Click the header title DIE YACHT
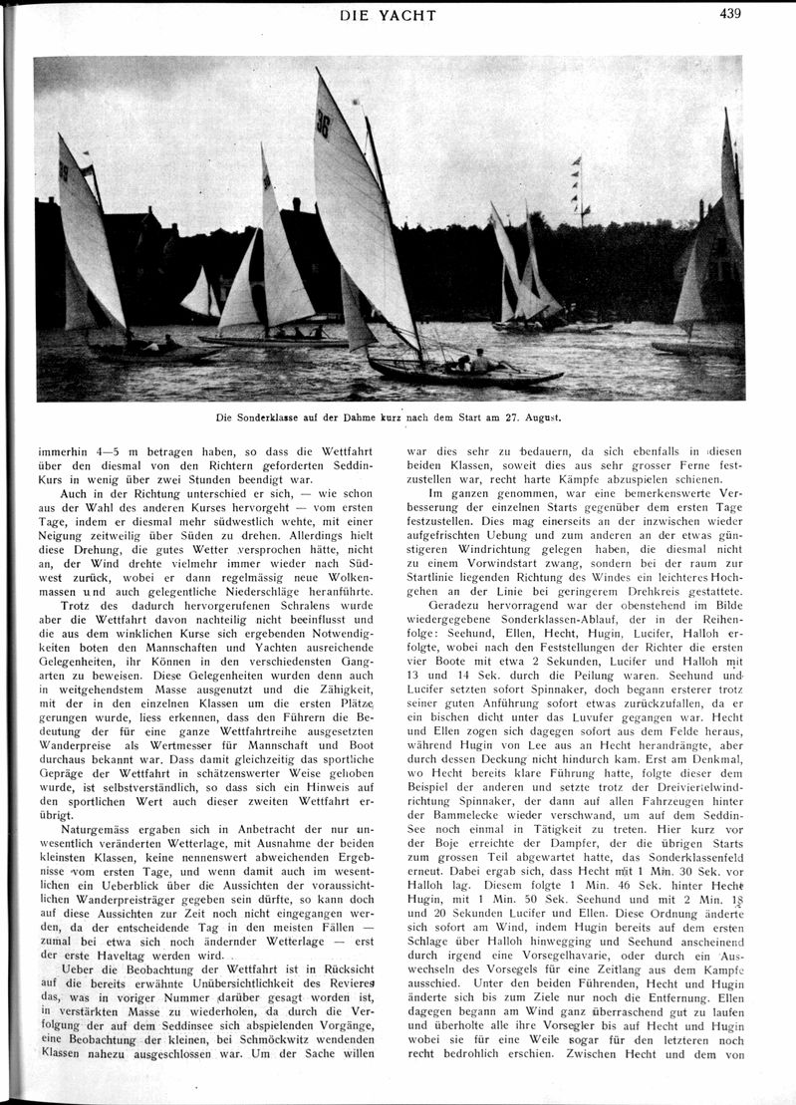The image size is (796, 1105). (x=389, y=15)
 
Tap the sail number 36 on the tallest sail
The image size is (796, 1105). (x=323, y=123)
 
